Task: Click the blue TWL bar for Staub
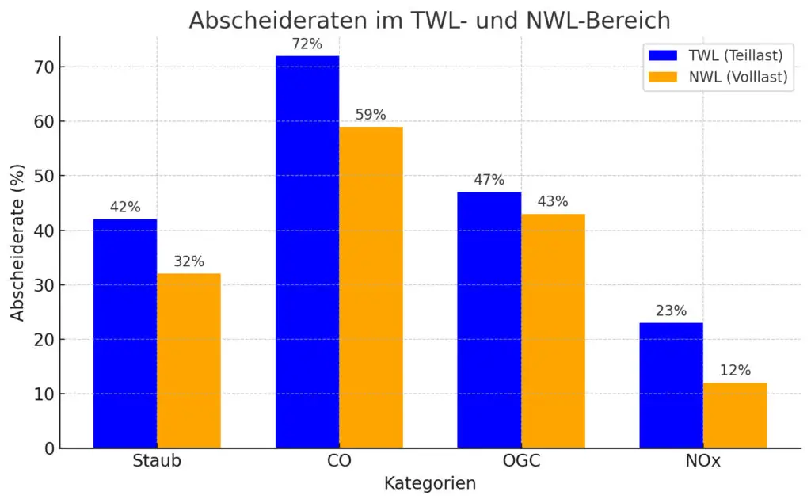point(125,333)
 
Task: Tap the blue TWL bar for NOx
point(671,386)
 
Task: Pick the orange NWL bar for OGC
point(553,331)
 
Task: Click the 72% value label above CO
point(307,44)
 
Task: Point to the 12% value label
point(735,371)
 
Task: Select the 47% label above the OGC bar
point(489,180)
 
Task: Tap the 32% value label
point(188,261)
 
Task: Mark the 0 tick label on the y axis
point(48,448)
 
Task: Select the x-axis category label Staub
point(157,461)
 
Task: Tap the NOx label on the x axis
point(702,461)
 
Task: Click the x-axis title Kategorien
point(430,483)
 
